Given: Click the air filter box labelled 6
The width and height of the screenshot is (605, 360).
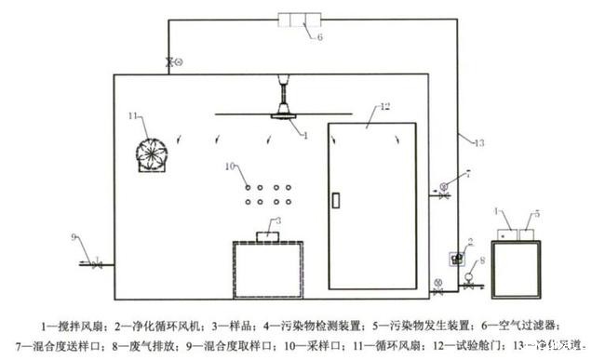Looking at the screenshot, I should point(302,20).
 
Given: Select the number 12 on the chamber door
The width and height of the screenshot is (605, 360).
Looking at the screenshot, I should point(361,111).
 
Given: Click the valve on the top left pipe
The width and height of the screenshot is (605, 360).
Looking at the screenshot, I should point(170,62).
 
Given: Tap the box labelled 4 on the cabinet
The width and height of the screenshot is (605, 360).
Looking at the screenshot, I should point(507,223).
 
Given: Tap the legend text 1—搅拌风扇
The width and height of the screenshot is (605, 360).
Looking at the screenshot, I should point(71,325).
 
